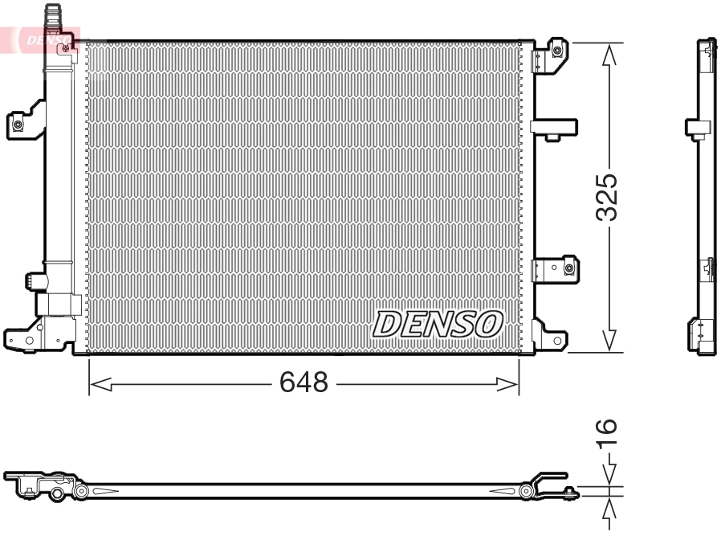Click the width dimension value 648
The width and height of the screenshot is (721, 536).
click(303, 383)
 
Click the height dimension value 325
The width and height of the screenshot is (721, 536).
click(608, 197)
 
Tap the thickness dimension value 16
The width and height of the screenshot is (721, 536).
click(608, 432)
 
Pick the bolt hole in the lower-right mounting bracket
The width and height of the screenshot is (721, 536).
click(568, 268)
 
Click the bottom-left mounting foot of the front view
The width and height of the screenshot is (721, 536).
click(24, 340)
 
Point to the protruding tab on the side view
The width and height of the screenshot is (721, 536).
click(695, 127)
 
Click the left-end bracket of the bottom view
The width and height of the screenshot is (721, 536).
click(32, 485)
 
